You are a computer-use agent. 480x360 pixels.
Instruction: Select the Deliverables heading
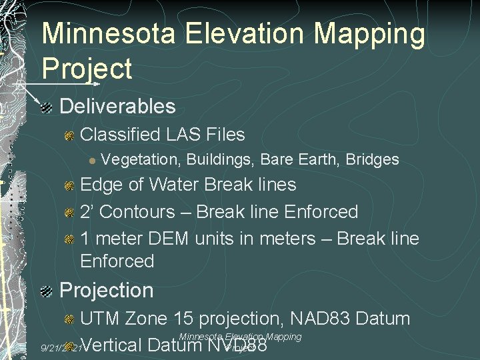pos(117,106)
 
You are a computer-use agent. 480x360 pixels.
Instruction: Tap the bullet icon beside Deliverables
pos(46,107)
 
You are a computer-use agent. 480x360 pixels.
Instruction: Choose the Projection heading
pos(107,291)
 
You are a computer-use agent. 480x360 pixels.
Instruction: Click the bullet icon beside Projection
pos(46,291)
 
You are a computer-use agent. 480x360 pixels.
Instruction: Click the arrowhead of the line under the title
pos(97,85)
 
